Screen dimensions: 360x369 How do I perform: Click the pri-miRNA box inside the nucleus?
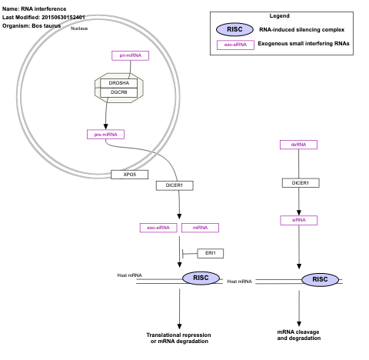[130, 55]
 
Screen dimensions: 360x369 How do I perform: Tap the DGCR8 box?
[118, 93]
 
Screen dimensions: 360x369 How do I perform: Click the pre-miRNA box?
[105, 134]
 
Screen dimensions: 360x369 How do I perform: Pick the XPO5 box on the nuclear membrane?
[129, 175]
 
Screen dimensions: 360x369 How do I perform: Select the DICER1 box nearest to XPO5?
[174, 185]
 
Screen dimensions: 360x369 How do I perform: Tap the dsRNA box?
[299, 144]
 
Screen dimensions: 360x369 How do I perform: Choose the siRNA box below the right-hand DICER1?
[299, 220]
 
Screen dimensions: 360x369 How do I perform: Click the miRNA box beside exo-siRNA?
[200, 228]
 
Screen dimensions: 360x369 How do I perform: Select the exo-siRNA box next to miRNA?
[158, 228]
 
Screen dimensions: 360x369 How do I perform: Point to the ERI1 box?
[208, 253]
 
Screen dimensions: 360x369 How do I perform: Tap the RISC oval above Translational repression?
[200, 278]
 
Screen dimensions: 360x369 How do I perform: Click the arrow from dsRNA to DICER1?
[299, 164]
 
